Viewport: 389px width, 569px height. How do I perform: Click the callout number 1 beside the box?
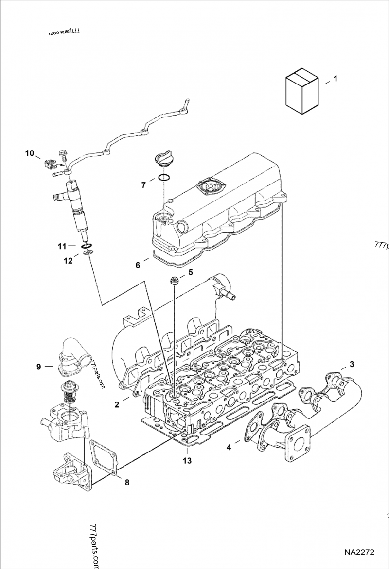[x=335, y=78]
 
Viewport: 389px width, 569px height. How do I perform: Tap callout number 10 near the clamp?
[x=30, y=153]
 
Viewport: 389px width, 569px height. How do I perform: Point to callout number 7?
[x=143, y=184]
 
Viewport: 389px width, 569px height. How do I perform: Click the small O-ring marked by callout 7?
[x=164, y=178]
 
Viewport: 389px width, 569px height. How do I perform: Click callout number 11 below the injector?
[x=60, y=246]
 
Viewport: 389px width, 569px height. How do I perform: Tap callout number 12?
[x=68, y=261]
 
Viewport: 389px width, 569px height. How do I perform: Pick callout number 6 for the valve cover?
[x=138, y=265]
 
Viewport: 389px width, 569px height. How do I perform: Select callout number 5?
[x=191, y=272]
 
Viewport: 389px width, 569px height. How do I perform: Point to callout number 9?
[x=39, y=366]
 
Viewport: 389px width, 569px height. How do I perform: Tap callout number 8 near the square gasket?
[x=127, y=482]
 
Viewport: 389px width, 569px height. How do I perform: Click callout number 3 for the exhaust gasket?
[x=352, y=364]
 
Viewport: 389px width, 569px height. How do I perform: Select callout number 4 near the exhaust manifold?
[x=229, y=448]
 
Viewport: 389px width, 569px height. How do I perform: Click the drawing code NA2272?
[x=359, y=552]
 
